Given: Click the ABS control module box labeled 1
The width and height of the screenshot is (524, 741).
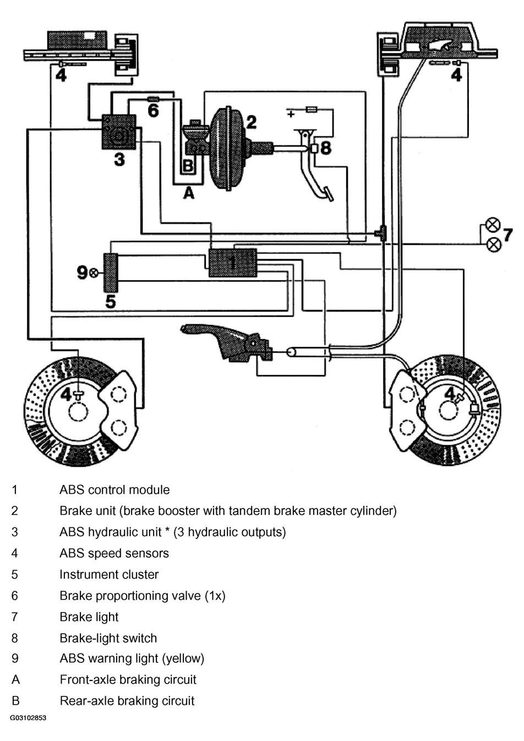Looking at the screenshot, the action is (233, 263).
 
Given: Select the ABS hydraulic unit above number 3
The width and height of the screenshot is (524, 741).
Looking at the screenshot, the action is (119, 132).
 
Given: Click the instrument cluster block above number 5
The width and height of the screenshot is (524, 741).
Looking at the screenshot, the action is (111, 273).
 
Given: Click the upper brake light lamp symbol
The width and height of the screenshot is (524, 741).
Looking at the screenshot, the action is (493, 225).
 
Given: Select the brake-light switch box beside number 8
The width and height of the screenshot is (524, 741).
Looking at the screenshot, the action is (314, 149).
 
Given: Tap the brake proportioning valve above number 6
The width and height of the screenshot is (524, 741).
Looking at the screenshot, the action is (153, 99).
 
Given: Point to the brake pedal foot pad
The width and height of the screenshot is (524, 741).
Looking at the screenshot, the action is (328, 194).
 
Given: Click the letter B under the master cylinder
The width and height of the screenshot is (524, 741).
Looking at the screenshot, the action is (188, 165).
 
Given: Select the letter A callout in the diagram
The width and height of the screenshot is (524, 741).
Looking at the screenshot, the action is (189, 193).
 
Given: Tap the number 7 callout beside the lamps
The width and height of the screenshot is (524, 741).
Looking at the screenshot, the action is (508, 235).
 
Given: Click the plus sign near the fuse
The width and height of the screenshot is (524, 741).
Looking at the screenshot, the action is (291, 115).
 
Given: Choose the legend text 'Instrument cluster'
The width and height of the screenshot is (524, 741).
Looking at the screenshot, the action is (109, 575).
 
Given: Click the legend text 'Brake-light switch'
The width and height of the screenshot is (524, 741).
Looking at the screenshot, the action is (108, 638).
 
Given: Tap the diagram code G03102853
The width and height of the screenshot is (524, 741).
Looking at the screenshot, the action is (28, 727).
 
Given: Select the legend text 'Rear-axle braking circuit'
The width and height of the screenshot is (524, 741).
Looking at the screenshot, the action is (127, 701).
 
